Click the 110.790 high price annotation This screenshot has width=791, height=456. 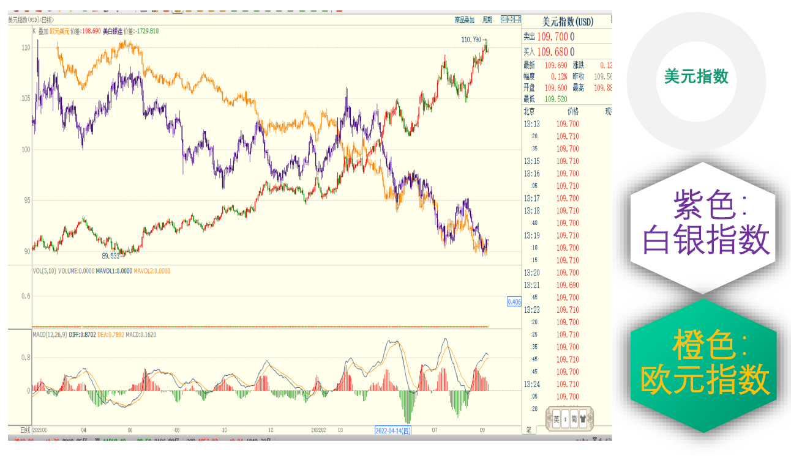pos(471,40)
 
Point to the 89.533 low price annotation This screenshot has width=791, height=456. pos(110,256)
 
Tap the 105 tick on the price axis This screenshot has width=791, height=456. pos(26,98)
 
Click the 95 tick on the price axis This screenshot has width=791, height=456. pos(26,200)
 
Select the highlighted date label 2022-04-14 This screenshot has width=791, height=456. pos(393,430)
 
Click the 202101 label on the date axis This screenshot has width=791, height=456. pos(40,430)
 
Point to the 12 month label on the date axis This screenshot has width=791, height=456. pos(271,430)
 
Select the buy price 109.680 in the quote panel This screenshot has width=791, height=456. pos(553,52)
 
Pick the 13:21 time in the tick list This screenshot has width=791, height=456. pos(531,285)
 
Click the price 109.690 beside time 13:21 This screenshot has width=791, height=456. pos(567,285)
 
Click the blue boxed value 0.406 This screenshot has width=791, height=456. pos(514,301)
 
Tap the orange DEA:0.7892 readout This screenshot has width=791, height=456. pos(111,334)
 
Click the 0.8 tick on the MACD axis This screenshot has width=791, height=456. pos(26,358)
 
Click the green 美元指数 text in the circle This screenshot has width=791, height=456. pos(696,76)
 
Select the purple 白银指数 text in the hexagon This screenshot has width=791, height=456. pos(705,240)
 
